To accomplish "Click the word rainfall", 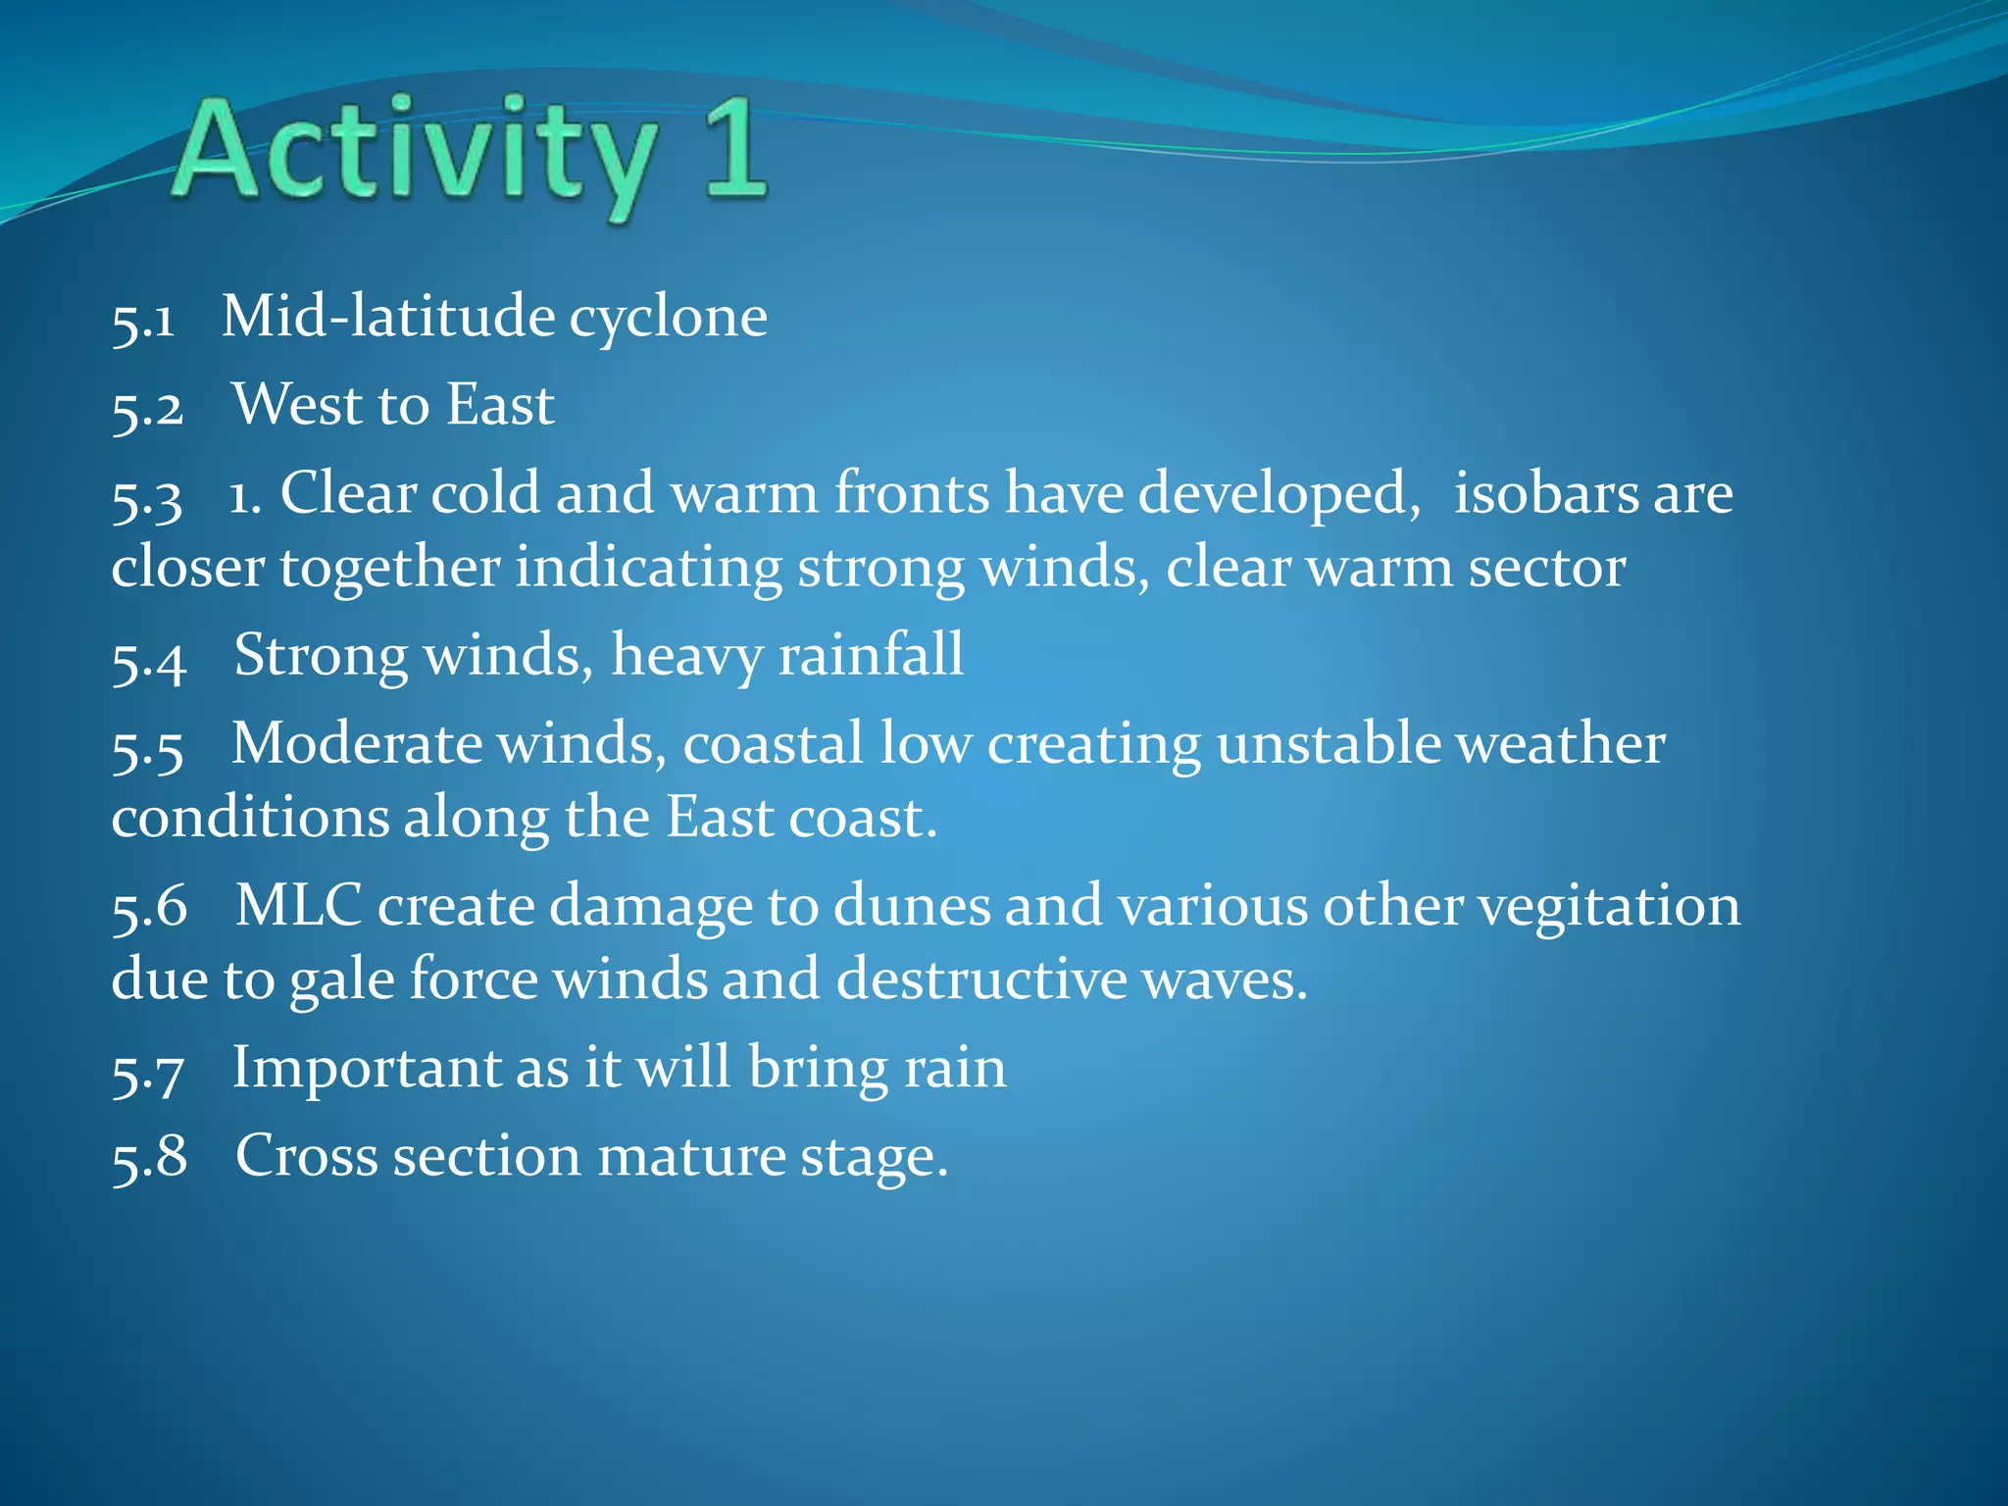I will tap(871, 655).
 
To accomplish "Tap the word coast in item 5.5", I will tap(863, 818).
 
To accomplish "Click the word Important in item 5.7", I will tap(365, 1068).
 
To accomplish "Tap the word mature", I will tap(690, 1157).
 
